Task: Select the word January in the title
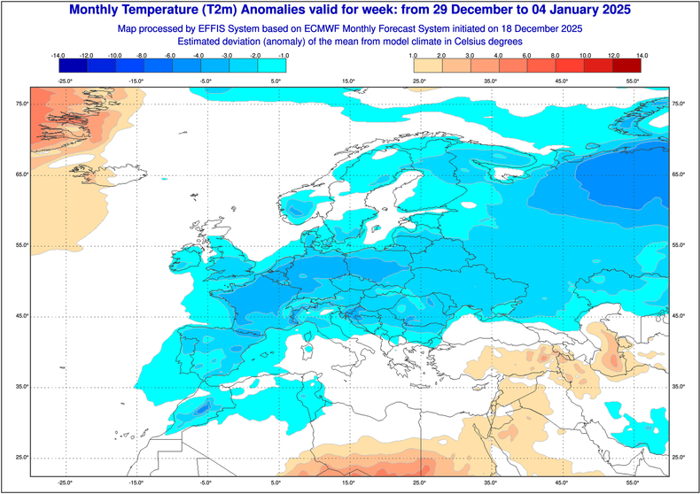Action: tap(576, 11)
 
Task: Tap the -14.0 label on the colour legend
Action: tap(59, 55)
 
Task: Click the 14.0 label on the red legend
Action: tap(641, 55)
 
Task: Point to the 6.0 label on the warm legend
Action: tap(528, 55)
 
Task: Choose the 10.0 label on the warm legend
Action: tap(584, 55)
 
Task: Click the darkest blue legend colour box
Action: tap(73, 65)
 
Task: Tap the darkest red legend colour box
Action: tap(626, 65)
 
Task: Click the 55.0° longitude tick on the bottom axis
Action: tap(633, 483)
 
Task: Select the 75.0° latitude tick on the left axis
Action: tap(21, 104)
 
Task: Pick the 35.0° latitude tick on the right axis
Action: tap(679, 387)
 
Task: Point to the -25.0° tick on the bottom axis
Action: tap(64, 483)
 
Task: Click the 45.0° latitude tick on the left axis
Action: tap(21, 316)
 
